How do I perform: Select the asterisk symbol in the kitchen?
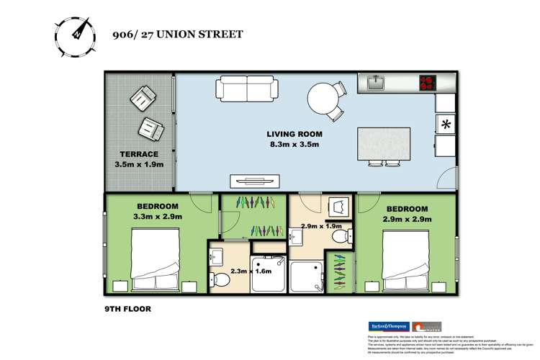446,125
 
